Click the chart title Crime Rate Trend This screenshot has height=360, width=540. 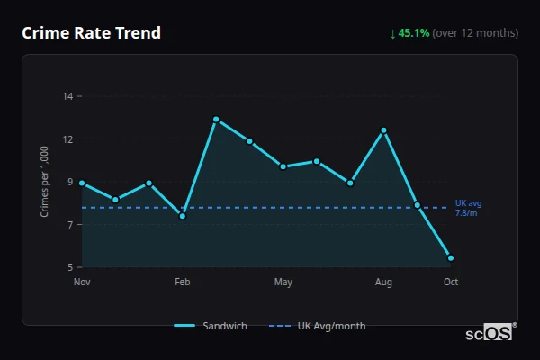pos(92,33)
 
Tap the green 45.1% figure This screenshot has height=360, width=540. pos(414,33)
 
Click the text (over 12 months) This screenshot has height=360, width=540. pos(475,33)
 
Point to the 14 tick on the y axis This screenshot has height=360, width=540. pos(67,95)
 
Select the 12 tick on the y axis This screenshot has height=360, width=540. pos(67,139)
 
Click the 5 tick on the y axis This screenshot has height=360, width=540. pos(70,267)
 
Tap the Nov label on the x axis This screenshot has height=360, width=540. pos(82,283)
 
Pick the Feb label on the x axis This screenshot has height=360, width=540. pos(183,283)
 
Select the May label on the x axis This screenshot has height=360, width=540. pos(283,283)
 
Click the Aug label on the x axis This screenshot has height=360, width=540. pos(383,283)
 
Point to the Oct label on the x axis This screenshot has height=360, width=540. pos(451,283)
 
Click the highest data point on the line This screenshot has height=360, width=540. pos(216,119)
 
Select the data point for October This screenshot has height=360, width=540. pos(451,258)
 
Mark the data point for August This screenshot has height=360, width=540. pos(383,130)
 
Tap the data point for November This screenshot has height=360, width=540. pos(82,183)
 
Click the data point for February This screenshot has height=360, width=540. pos(183,216)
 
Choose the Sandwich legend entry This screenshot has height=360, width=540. pos(211,326)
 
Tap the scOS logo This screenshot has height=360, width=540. pos(491,332)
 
